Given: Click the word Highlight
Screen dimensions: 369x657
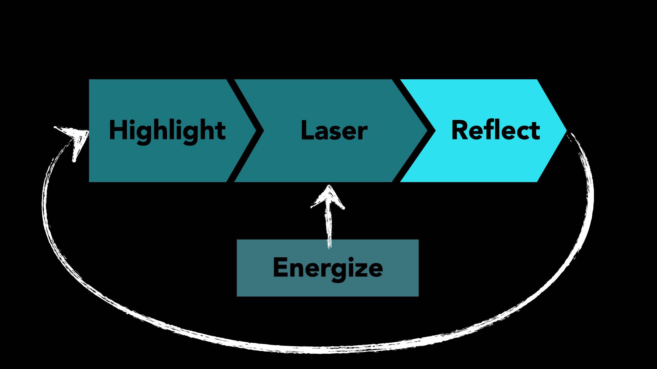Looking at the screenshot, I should tap(167, 131).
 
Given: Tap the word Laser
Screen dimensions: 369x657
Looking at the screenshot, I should tap(334, 131).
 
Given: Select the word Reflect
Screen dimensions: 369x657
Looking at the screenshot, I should tap(495, 131).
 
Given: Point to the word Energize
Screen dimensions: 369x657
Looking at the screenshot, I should tap(327, 268).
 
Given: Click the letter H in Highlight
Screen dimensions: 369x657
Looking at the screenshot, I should tap(117, 130).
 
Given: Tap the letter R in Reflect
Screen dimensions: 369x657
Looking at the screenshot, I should tap(459, 130).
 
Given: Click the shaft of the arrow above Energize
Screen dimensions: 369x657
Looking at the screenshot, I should tap(329, 225).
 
